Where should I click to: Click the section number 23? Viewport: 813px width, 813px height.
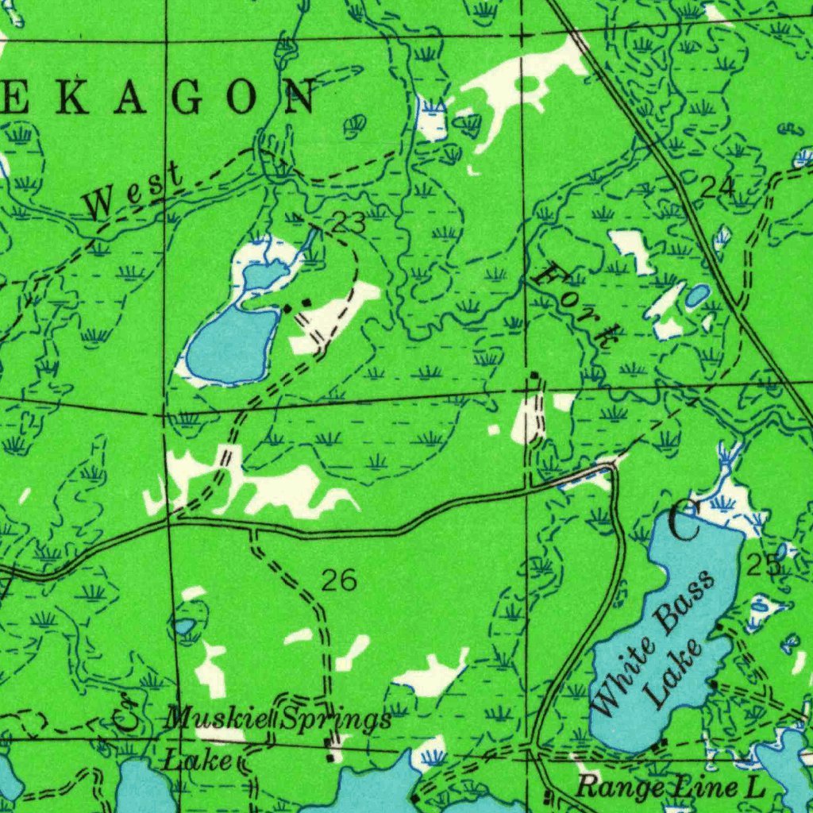(348, 224)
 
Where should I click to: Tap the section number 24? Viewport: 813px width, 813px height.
(717, 187)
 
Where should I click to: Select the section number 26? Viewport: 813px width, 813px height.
(338, 581)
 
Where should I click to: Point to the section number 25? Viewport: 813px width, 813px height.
(763, 565)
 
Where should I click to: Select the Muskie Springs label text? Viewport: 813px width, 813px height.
(278, 720)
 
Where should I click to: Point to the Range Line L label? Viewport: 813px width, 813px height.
(669, 788)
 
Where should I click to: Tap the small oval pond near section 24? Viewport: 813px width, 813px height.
(697, 296)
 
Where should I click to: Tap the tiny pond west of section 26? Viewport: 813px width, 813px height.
(185, 627)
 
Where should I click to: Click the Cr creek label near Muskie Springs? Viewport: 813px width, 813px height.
(128, 712)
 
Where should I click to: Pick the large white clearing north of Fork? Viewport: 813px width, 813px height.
(516, 83)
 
